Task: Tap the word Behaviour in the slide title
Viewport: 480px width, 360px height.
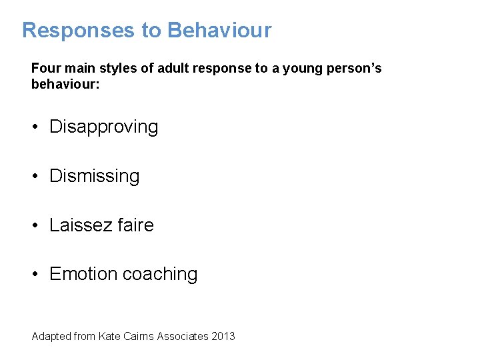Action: click(x=219, y=31)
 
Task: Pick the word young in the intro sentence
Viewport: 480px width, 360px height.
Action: click(x=301, y=69)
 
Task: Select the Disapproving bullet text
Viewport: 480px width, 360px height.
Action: click(x=104, y=127)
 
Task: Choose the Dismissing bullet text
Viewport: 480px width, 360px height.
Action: click(x=95, y=176)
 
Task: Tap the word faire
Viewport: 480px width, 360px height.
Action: click(x=135, y=225)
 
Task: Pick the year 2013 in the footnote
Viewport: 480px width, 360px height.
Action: click(x=223, y=337)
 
